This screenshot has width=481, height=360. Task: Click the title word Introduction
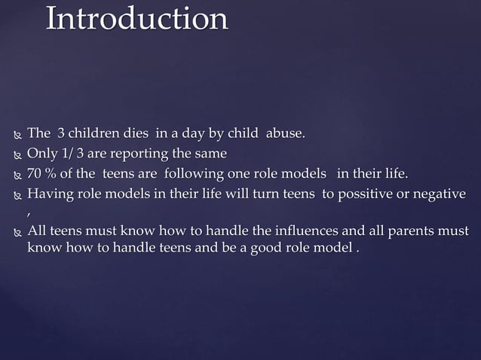pos(136,20)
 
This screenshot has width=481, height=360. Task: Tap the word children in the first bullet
pos(94,134)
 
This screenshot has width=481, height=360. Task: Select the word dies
pos(136,134)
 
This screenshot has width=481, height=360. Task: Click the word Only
pos(41,154)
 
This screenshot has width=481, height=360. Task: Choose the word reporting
pos(142,154)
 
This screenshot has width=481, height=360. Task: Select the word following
pos(197,175)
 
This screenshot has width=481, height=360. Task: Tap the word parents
pos(410,230)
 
